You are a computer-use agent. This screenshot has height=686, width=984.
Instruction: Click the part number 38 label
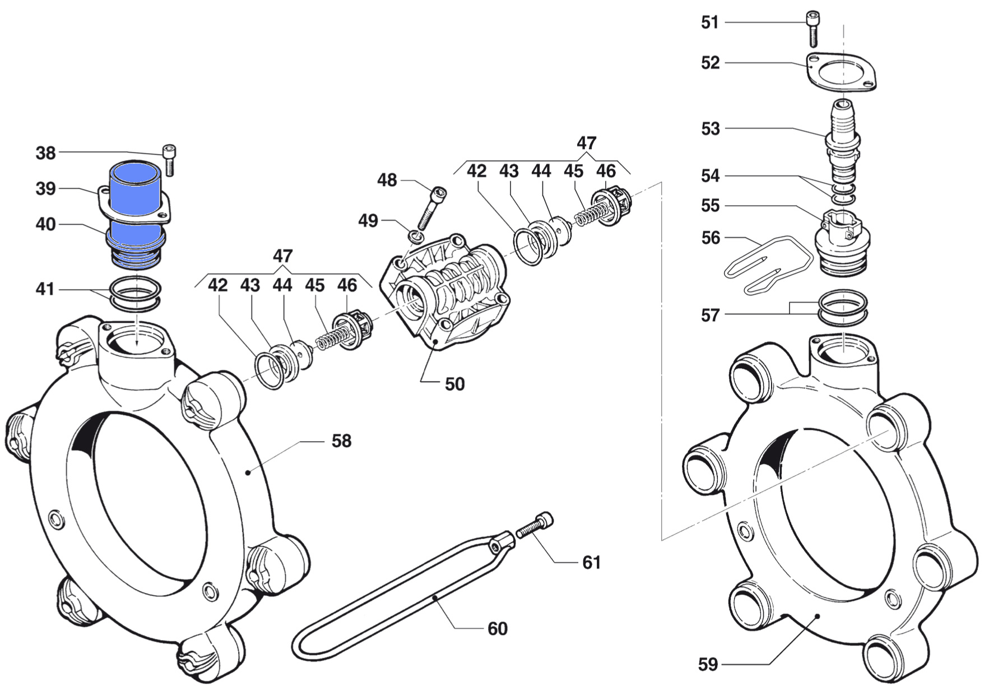[x=46, y=152]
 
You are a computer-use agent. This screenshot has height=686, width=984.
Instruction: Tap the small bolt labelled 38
[x=170, y=160]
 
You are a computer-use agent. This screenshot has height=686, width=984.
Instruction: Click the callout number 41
[x=45, y=289]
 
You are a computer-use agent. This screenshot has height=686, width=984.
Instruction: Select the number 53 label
[x=710, y=129]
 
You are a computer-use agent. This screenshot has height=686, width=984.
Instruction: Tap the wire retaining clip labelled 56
[x=768, y=263]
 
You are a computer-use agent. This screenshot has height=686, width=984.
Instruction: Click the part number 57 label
[x=710, y=316]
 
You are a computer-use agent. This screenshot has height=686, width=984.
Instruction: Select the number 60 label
[x=497, y=629]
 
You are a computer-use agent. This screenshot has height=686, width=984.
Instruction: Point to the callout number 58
[x=341, y=441]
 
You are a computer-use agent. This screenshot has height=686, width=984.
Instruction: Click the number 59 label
[x=708, y=665]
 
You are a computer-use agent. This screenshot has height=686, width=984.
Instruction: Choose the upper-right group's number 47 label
[x=586, y=143]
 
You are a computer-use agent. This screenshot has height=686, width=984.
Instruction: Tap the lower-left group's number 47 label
[x=282, y=256]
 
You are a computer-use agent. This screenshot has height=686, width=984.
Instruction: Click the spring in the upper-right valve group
[x=589, y=215]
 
